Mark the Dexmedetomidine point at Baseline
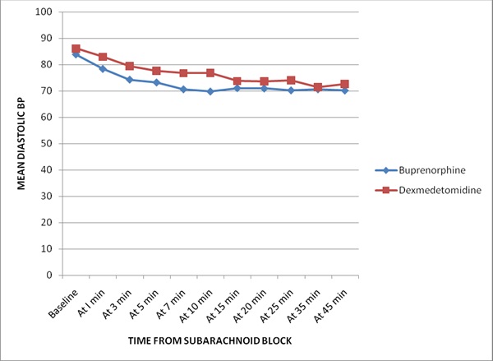(x=76, y=49)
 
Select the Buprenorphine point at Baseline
(x=76, y=54)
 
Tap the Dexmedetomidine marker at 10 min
(x=210, y=73)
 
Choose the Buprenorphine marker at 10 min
(x=210, y=91)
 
